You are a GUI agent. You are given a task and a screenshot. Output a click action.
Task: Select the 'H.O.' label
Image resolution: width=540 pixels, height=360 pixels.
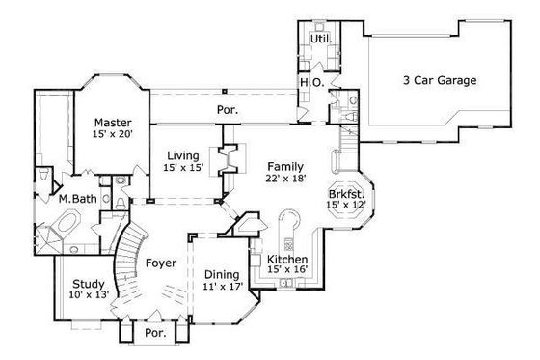coord(311,83)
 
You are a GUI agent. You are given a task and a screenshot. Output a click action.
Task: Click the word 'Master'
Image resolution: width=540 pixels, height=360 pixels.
coord(112,123)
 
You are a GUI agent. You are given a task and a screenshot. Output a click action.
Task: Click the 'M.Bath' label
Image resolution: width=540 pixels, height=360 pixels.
coord(75,199)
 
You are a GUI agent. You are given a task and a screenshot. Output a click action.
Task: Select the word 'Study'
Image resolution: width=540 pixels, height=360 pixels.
coord(88,284)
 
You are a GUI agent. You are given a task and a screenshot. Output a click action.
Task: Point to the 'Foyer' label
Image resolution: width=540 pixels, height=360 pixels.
coord(160,262)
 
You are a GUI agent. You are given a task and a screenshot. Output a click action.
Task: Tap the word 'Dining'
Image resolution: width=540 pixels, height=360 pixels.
coord(221,274)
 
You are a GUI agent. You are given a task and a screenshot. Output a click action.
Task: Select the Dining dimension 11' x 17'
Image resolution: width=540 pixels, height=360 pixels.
coord(221,287)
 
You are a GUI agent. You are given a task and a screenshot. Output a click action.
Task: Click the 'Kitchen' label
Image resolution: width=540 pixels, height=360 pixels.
coord(287,261)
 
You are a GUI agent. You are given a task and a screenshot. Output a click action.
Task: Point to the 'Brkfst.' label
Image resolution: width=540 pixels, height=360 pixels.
coord(345,192)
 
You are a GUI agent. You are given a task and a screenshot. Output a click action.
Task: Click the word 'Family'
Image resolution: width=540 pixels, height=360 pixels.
coord(285,166)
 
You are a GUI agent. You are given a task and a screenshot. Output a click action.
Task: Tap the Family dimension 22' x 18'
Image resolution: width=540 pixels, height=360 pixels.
coord(285,179)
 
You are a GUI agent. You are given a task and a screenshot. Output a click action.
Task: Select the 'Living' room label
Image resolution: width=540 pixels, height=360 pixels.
coord(183,156)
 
